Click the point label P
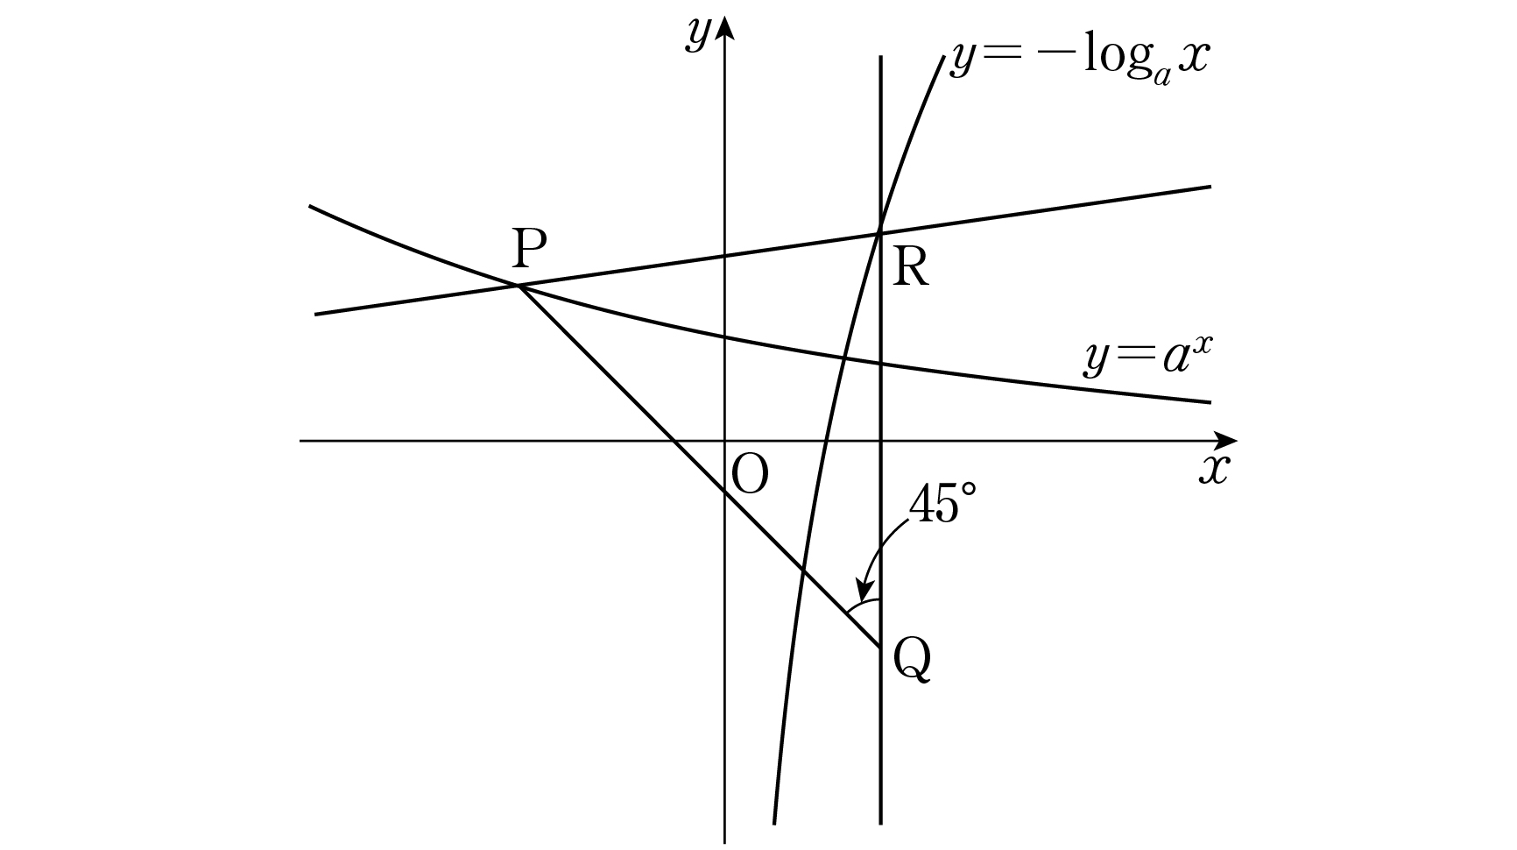click(x=529, y=250)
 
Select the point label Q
click(x=912, y=660)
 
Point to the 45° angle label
click(x=942, y=505)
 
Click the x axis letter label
click(x=1215, y=471)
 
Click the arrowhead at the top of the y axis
click(x=724, y=28)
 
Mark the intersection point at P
click(x=519, y=286)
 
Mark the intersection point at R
click(x=879, y=232)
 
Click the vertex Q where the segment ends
click(x=879, y=648)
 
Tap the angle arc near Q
click(x=863, y=604)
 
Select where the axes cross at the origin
click(x=724, y=440)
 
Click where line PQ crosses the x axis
click(x=673, y=440)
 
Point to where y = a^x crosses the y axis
click(x=724, y=336)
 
